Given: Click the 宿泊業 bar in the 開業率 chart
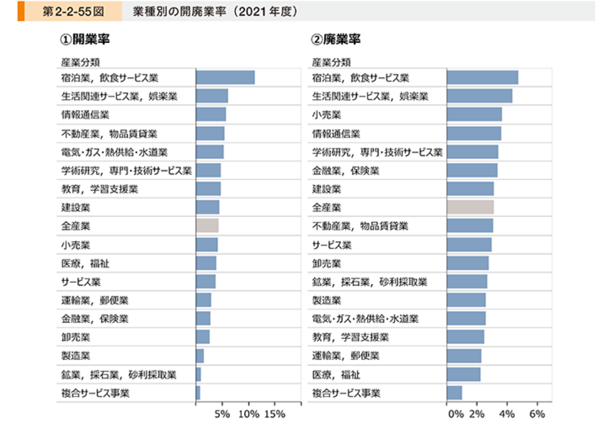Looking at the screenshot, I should coord(225,77).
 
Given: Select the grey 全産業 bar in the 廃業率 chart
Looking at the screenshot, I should coord(470,207).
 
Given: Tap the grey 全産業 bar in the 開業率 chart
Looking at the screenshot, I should coord(207,225).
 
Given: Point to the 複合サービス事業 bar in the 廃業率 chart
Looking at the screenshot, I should coord(455,393).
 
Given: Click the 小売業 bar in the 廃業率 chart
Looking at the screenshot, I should coord(474,114).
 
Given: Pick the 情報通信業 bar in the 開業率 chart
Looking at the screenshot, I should coord(211,114).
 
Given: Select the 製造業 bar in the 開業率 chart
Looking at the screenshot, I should coord(200,356).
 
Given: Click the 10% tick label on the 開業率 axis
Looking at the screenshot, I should coord(249,414).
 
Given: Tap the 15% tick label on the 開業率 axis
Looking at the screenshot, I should coord(274,414).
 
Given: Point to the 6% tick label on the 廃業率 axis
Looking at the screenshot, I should coord(537,414).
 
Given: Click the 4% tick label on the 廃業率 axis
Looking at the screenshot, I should coord(507,414).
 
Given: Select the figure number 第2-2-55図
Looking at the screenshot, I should coord(73,11).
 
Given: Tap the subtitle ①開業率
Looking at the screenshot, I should coord(85,39).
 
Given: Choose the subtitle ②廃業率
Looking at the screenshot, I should coord(336,39).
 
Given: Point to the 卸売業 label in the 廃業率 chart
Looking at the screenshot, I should coord(327,263).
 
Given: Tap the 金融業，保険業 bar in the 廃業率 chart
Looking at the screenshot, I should coord(472,170).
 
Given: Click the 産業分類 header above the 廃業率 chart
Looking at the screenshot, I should coord(331,62).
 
